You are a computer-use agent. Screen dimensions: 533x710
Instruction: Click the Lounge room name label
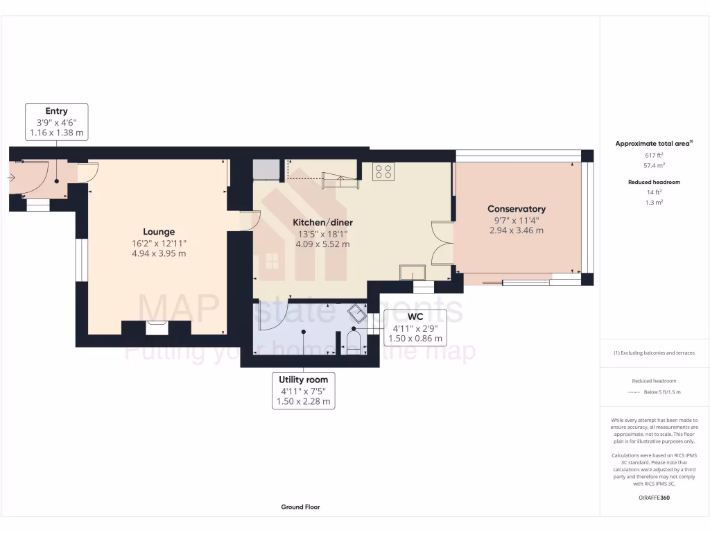[x=159, y=232]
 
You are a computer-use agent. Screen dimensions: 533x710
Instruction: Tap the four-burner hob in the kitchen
[x=383, y=171]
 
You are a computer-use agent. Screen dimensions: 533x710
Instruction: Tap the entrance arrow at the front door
[x=11, y=178]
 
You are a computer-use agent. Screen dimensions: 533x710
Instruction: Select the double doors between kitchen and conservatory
[x=440, y=243]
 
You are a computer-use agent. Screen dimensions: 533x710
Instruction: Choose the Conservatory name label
[x=517, y=209]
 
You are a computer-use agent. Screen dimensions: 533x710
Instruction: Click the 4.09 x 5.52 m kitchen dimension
[x=322, y=244]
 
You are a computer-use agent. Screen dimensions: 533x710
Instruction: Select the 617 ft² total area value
[x=655, y=155]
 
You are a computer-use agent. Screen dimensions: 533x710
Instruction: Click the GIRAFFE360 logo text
[x=655, y=498]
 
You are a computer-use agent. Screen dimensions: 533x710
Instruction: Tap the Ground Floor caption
[x=300, y=507]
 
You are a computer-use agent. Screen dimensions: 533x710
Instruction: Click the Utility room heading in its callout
[x=303, y=380]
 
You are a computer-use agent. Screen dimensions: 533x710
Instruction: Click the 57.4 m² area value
[x=655, y=166]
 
